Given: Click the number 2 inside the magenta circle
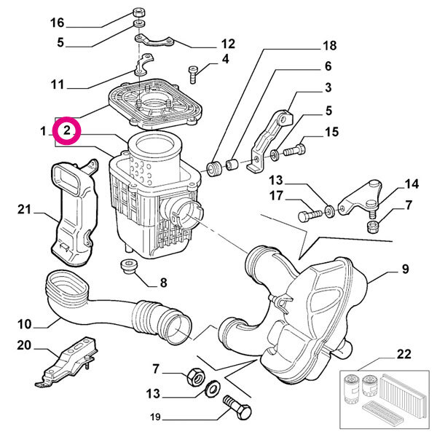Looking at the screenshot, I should click(x=66, y=131).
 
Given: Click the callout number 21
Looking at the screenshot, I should click(x=25, y=210).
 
